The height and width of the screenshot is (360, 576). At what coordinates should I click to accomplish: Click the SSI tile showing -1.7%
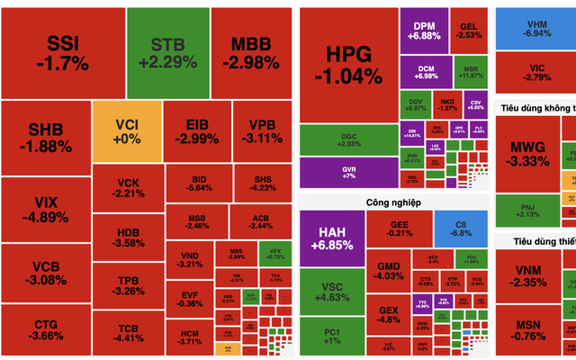62,52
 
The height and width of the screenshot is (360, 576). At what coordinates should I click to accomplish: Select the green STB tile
168,52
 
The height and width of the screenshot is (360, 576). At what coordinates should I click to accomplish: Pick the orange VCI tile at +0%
127,130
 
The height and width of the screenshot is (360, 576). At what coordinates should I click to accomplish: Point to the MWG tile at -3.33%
528,153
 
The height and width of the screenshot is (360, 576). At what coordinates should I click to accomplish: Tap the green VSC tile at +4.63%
329,291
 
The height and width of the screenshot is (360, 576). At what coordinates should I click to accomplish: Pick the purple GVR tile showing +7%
347,171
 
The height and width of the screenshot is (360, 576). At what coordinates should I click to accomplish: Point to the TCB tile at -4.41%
129,333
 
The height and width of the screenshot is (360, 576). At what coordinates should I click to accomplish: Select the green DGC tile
347,139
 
